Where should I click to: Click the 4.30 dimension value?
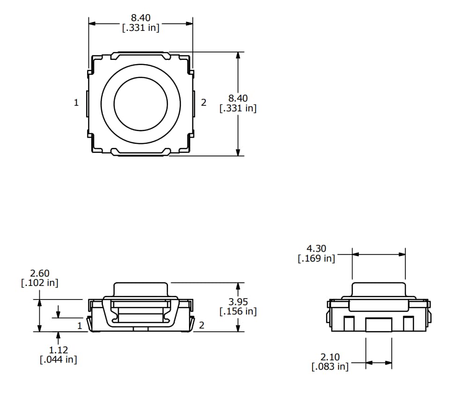click(316, 249)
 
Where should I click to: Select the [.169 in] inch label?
click(316, 258)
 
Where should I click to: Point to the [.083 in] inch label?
click(330, 367)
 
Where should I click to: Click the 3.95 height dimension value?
click(238, 302)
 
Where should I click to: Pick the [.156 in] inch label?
click(238, 311)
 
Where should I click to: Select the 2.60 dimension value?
click(40, 273)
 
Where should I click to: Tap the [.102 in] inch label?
click(40, 283)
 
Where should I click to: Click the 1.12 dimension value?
click(58, 350)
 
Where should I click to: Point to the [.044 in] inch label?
click(58, 359)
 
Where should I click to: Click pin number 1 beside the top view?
click(76, 102)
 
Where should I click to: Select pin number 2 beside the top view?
click(204, 102)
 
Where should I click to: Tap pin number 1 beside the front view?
click(80, 325)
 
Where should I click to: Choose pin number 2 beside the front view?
click(202, 325)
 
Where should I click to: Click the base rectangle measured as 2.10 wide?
click(379, 324)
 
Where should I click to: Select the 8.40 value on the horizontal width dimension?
click(141, 18)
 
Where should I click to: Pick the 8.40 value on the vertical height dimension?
click(238, 98)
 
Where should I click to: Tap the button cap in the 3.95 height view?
click(141, 288)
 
